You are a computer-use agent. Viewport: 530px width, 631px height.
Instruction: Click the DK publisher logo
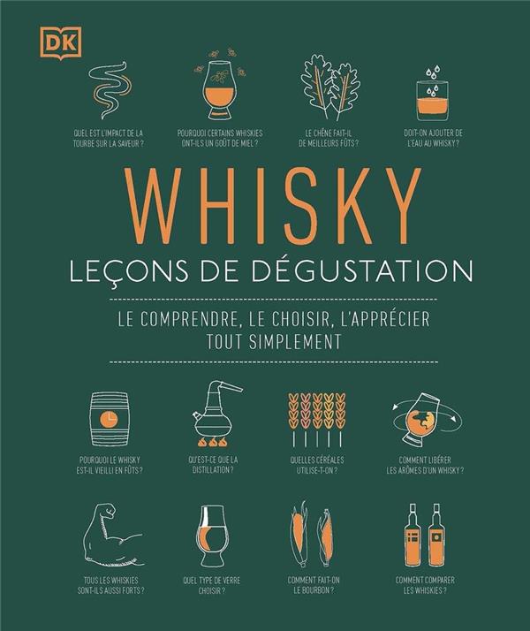pyautogui.click(x=61, y=43)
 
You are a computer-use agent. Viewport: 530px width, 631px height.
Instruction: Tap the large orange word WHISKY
pyautogui.click(x=273, y=206)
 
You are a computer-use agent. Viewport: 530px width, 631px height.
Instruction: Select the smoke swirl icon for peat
pyautogui.click(x=110, y=90)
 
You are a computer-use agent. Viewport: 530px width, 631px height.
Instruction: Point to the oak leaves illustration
pyautogui.click(x=330, y=87)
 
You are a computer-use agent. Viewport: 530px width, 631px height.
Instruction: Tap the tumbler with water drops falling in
pyautogui.click(x=432, y=95)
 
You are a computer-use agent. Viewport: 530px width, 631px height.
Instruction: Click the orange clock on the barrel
pyautogui.click(x=109, y=419)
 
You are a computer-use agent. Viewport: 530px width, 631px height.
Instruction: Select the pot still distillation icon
pyautogui.click(x=216, y=414)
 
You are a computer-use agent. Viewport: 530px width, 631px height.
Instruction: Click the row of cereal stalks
pyautogui.click(x=317, y=420)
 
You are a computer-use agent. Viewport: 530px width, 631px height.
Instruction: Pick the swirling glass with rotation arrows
pyautogui.click(x=426, y=419)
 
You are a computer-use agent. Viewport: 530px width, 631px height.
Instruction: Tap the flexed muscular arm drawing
pyautogui.click(x=115, y=535)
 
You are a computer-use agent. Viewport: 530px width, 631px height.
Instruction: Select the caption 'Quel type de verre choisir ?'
pyautogui.click(x=212, y=585)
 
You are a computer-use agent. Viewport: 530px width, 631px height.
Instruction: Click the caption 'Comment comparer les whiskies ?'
pyautogui.click(x=425, y=585)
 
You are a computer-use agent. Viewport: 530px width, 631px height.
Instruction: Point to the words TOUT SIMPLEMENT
pyautogui.click(x=274, y=341)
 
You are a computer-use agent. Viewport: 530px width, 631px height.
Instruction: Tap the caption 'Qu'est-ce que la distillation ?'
pyautogui.click(x=213, y=464)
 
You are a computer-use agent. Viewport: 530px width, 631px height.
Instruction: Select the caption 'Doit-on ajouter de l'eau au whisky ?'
pyautogui.click(x=433, y=138)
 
